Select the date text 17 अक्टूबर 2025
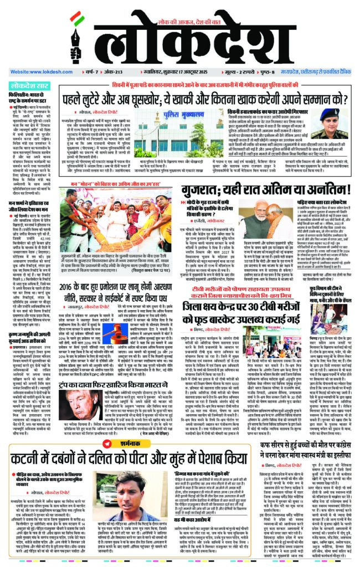coord(183,72)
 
